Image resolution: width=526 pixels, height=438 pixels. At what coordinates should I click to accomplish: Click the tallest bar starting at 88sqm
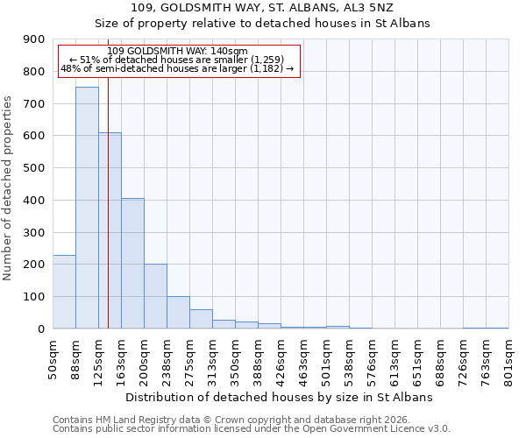click(87, 208)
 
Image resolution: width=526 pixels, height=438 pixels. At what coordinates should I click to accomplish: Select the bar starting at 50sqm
click(64, 292)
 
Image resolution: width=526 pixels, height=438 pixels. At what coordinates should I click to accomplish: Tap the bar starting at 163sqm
click(132, 263)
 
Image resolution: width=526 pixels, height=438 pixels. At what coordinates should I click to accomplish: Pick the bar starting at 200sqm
click(155, 296)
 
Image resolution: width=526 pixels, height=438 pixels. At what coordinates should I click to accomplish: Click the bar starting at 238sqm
click(178, 313)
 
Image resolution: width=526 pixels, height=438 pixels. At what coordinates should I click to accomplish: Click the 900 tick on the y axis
click(34, 39)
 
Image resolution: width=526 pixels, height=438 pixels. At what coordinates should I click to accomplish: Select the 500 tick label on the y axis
click(34, 168)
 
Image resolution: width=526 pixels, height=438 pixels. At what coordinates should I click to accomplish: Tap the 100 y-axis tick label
click(34, 297)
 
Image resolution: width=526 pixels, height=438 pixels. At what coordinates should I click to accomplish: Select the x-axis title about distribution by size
click(281, 397)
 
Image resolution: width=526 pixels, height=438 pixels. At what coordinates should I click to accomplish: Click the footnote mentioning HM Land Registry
click(251, 420)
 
